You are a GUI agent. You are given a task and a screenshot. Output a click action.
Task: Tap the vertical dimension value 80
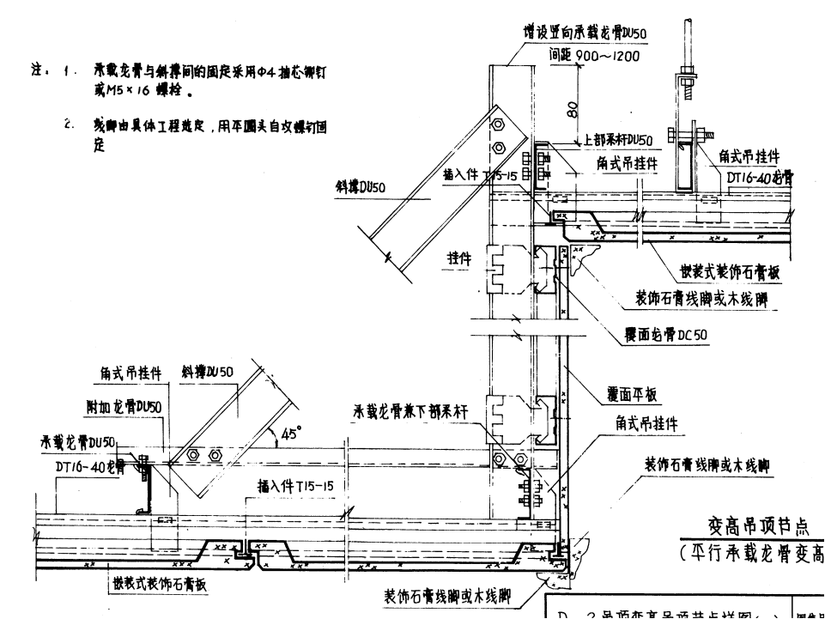click(572, 109)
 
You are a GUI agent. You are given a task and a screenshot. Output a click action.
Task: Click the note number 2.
click(67, 125)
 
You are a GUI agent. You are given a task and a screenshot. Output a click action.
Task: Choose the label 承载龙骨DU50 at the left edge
click(77, 442)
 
